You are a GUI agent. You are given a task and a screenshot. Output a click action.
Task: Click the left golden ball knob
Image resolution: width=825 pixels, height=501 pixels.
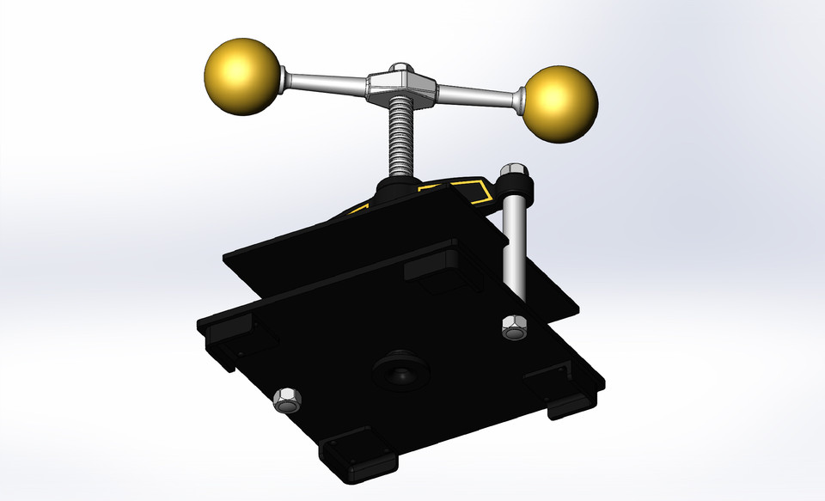coord(243,76)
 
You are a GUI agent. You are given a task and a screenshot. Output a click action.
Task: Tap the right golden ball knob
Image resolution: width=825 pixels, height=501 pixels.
coord(559,102)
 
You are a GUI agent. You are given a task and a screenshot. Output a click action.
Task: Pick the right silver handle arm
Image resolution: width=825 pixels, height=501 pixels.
coord(479,94)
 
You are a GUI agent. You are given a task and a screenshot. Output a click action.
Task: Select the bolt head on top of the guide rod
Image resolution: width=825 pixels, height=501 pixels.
coord(514,169)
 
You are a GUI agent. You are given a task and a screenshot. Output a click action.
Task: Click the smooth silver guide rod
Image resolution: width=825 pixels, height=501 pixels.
coord(514,249)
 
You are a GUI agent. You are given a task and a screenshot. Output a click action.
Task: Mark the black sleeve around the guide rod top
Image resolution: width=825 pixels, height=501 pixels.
coord(518,186)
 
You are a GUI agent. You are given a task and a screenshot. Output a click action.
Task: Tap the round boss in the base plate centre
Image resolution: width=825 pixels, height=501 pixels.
coord(399,370)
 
